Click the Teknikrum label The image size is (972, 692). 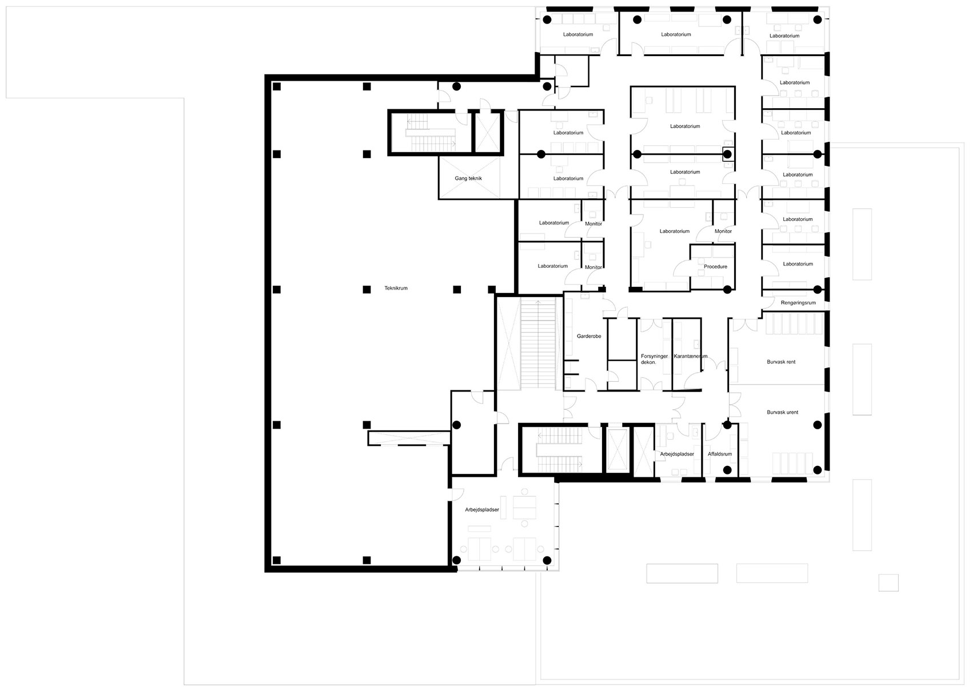[x=396, y=288]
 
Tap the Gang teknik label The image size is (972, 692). [x=468, y=178]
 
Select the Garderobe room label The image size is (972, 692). [x=589, y=336]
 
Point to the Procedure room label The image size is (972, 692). [x=715, y=266]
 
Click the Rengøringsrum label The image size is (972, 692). [x=798, y=303]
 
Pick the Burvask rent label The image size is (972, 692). [x=781, y=361]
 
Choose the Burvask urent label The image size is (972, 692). [x=782, y=412]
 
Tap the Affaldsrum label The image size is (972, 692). [x=720, y=454]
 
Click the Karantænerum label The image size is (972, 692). [x=690, y=356]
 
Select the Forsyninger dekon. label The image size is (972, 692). [x=654, y=359]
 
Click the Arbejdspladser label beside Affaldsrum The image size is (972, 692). [x=677, y=454]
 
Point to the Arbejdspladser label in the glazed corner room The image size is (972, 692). [x=482, y=509]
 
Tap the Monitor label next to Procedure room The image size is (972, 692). [x=723, y=231]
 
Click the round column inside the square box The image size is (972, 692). [x=728, y=154]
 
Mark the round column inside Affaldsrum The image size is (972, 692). [x=728, y=469]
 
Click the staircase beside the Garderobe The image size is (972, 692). [x=538, y=343]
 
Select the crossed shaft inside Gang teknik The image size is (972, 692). [x=469, y=177]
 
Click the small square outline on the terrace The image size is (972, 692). [x=889, y=583]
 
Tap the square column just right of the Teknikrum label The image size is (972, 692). [x=457, y=289]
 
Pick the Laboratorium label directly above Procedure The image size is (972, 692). [x=674, y=231]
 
